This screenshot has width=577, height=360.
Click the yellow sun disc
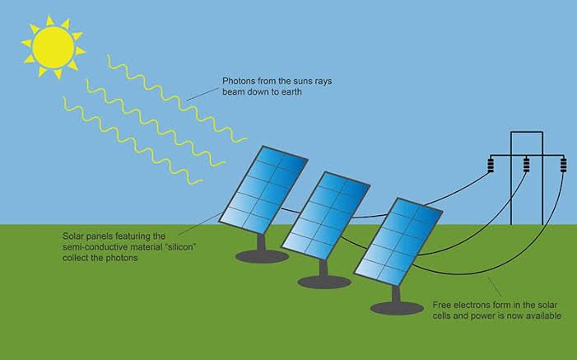[x=54, y=47]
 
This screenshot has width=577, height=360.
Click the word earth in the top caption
[x=291, y=91]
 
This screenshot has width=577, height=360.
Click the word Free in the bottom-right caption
[x=441, y=305]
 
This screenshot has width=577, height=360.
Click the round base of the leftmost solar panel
[x=262, y=256]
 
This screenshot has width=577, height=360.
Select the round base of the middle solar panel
[x=323, y=282]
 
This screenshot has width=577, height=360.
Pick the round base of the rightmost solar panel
[x=397, y=307]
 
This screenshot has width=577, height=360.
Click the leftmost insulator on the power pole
[x=491, y=165]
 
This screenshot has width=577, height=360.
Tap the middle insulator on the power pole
[x=527, y=165]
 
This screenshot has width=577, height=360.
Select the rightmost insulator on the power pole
[x=563, y=165]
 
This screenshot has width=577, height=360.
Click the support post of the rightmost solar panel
[x=396, y=294]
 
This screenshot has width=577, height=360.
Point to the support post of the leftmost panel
[x=261, y=242]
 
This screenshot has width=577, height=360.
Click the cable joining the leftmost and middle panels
[x=291, y=211]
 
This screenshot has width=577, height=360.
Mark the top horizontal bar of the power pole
[x=527, y=132]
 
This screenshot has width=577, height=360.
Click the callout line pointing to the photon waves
[x=202, y=94]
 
